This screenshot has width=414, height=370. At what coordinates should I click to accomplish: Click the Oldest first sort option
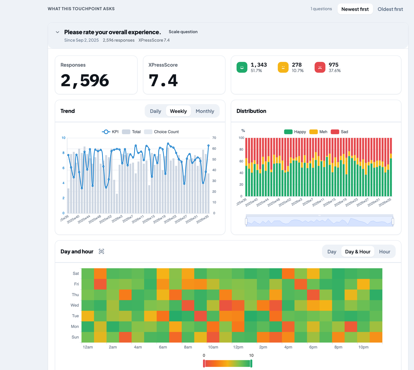point(390,9)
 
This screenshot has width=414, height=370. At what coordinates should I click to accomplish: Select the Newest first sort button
point(355,9)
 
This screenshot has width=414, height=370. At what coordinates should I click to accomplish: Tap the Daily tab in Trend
point(155,111)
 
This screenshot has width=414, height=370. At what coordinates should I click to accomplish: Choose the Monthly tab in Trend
point(205,111)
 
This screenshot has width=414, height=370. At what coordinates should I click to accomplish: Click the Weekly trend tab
point(178,111)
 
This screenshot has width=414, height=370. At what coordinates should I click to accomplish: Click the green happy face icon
point(242,68)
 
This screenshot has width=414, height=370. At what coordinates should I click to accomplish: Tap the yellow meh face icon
point(283,68)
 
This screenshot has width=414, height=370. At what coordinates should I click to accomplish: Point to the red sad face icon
point(320,68)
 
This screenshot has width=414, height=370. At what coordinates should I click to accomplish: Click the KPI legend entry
point(110,132)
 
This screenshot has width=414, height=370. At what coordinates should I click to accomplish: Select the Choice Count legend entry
point(161,132)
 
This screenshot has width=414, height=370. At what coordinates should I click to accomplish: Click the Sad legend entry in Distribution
point(339,132)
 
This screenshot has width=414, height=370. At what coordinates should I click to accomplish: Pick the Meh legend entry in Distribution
point(318,132)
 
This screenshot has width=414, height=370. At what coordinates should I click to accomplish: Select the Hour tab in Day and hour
point(385,252)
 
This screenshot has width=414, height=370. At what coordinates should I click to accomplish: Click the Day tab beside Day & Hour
point(332,252)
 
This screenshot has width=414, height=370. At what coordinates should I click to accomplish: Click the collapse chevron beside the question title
point(58,32)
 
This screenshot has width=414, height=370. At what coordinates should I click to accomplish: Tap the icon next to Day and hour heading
point(101,251)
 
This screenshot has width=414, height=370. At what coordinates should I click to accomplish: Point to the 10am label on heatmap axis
point(213,347)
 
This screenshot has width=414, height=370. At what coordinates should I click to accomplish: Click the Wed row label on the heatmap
point(75,305)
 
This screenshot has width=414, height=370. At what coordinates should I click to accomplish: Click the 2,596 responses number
point(85,81)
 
